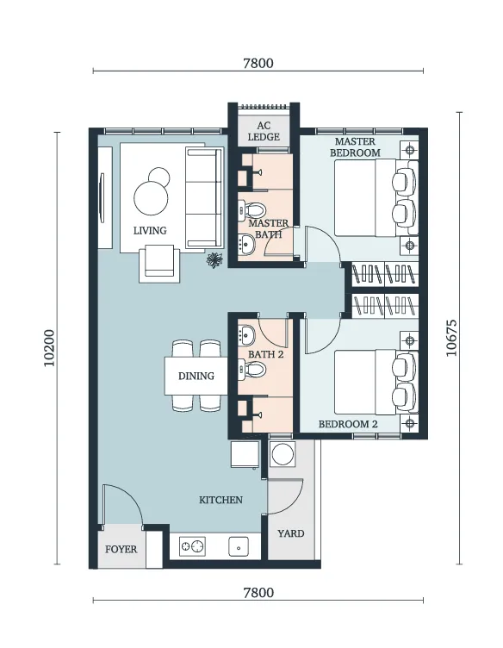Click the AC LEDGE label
pos(264,131)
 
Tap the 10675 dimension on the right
pos(452,338)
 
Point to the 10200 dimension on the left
pos(49,347)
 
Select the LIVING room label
pos(150,230)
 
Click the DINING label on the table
pos(196,376)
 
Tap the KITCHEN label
pos(221,500)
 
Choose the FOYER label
pos(121,549)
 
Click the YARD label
pos(291,533)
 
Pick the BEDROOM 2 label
pos(348,424)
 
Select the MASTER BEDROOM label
pos(355,147)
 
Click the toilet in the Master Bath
pos(251,210)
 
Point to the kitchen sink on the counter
pos(239,546)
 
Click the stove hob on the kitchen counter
pos(192,546)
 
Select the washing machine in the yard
pos(283,453)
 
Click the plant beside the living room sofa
pos(214,260)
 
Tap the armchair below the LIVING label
pos(159,264)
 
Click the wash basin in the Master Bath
pos(247,244)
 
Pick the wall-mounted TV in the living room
pos(102,198)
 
